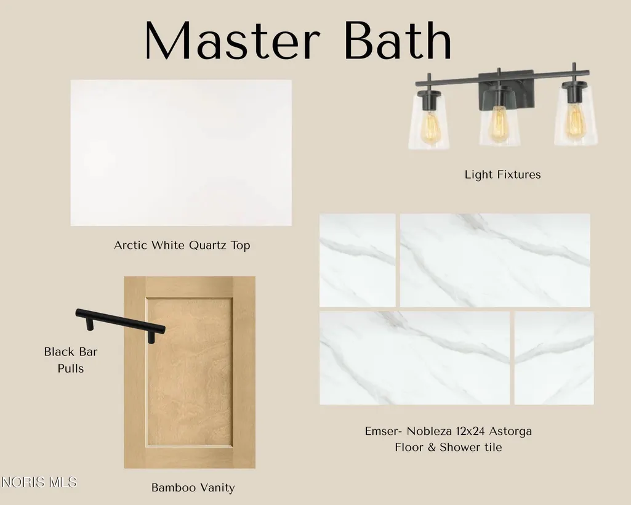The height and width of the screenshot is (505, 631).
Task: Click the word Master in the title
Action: point(232,41)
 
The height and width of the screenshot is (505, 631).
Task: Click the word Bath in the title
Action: point(398,41)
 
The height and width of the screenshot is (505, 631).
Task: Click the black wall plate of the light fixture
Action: point(507,90)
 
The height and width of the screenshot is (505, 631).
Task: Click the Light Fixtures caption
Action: point(502,175)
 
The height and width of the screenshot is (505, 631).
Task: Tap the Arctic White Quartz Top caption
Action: point(182,245)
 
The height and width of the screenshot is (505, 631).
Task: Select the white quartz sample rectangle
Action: point(181,153)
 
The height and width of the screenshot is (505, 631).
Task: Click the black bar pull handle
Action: point(120,325)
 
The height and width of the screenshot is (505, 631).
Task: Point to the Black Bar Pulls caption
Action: point(71,360)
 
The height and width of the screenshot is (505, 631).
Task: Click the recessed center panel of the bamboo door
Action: point(189,372)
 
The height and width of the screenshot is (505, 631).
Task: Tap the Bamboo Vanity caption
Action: point(193,488)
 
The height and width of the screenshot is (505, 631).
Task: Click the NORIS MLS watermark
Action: point(39,482)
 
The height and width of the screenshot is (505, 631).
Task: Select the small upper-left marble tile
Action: point(357,260)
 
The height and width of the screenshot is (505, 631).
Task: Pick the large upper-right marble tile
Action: point(495,260)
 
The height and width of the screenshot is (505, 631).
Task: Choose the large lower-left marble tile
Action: point(414,358)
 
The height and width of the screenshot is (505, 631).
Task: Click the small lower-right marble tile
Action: point(554,358)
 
